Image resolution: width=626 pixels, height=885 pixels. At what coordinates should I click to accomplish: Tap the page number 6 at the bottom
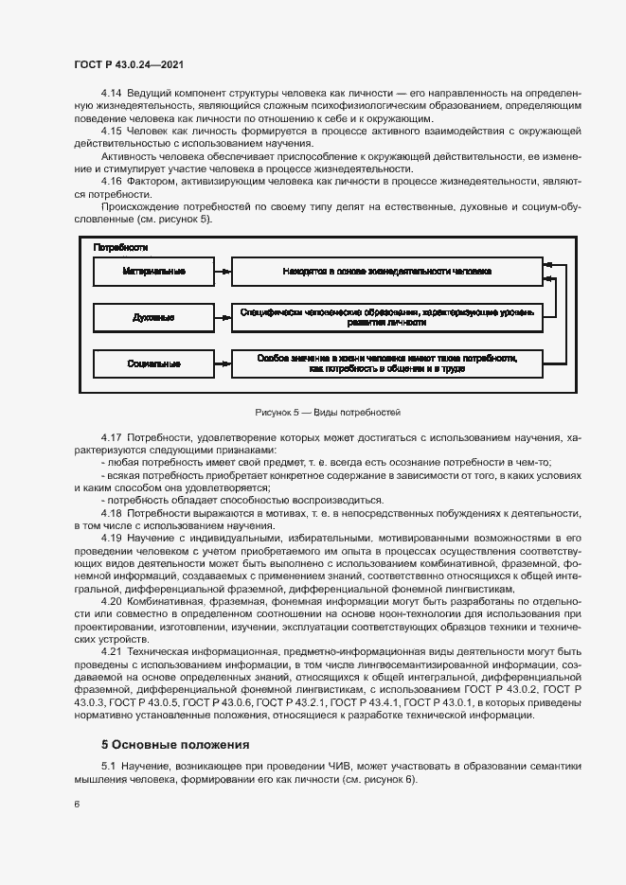(77, 805)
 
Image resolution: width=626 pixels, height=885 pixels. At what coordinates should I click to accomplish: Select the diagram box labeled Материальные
(153, 272)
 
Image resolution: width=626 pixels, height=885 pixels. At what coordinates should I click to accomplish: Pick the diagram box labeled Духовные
(153, 317)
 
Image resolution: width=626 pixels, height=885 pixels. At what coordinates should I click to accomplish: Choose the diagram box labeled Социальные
(153, 363)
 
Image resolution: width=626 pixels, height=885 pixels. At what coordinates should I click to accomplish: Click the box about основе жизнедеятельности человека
(387, 272)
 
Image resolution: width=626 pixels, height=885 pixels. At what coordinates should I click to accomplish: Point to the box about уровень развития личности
(387, 317)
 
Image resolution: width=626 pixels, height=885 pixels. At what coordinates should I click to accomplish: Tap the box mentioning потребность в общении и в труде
(387, 363)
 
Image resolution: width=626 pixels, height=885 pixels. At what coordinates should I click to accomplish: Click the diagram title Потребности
(120, 247)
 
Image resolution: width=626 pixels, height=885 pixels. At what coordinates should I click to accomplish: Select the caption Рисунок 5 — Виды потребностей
(329, 413)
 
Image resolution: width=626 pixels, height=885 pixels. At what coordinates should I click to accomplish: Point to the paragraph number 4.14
(112, 93)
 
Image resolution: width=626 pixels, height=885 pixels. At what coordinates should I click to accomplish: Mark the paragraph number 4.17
(112, 437)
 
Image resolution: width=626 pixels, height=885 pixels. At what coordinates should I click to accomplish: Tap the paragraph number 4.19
(112, 538)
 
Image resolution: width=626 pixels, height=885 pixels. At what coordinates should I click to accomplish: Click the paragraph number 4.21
(112, 653)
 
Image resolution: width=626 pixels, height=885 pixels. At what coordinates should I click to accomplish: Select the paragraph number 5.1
(108, 765)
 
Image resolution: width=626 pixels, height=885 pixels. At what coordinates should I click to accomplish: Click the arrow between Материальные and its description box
(224, 272)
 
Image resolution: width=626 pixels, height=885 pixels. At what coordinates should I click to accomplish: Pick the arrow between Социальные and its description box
(224, 363)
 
